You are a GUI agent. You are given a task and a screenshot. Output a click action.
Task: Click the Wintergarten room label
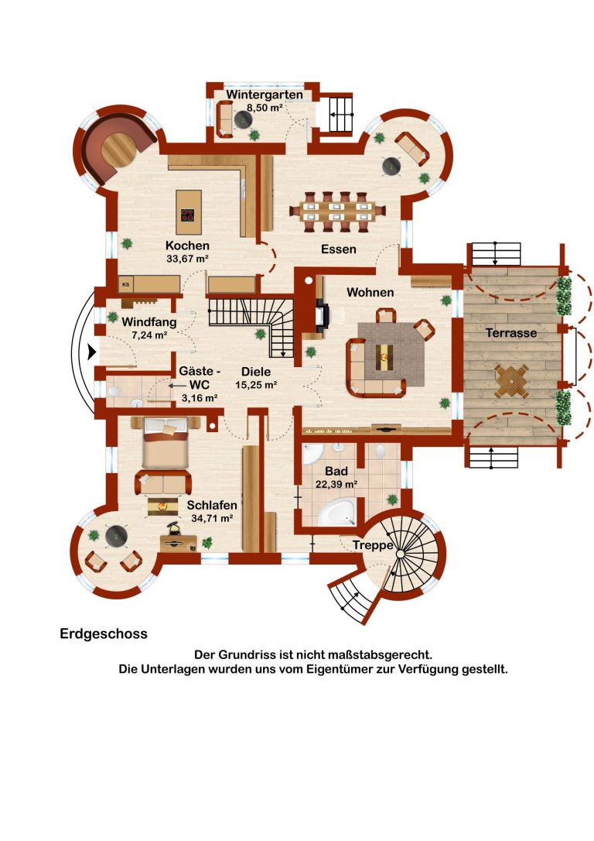tap(264, 94)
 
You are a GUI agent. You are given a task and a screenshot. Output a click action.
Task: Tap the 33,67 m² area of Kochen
tap(187, 259)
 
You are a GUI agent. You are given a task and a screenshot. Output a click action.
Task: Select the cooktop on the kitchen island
tap(187, 215)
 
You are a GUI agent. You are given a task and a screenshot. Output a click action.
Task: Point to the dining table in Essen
tap(337, 211)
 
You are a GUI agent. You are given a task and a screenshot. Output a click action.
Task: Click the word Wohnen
tap(370, 292)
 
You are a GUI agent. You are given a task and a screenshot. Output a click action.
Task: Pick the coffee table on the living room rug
tap(384, 356)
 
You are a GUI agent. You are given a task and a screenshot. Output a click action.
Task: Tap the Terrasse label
tap(511, 332)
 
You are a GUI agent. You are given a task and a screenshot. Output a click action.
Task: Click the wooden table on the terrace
tap(511, 380)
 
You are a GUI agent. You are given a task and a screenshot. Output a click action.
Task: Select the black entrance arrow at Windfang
tap(92, 352)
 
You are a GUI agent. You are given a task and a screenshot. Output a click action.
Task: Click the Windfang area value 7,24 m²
tap(149, 335)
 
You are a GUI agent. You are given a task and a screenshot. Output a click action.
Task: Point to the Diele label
tap(256, 371)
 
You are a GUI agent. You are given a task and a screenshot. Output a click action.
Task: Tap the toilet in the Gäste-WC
tap(114, 392)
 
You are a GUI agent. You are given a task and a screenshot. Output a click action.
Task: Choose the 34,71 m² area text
tap(212, 518)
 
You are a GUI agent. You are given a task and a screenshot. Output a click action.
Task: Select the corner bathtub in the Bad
tap(336, 512)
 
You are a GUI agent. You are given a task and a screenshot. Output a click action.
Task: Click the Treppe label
tap(373, 545)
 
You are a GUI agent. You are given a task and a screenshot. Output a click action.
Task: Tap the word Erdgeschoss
tap(104, 633)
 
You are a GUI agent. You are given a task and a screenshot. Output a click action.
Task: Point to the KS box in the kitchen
tap(126, 284)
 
